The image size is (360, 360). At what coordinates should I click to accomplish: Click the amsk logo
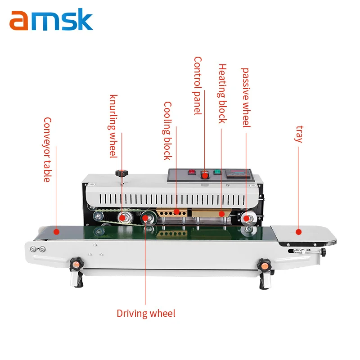pyautogui.click(x=51, y=20)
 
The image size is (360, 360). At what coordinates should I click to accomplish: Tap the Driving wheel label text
pyautogui.click(x=146, y=314)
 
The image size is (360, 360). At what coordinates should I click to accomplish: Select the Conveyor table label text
pyautogui.click(x=48, y=150)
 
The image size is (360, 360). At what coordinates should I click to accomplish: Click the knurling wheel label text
pyautogui.click(x=113, y=126)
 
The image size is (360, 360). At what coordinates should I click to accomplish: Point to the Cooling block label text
pyautogui.click(x=167, y=131)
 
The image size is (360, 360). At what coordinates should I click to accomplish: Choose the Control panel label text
pyautogui.click(x=198, y=85)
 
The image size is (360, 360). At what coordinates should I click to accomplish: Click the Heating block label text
pyautogui.click(x=222, y=94)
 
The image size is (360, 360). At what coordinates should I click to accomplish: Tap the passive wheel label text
pyautogui.click(x=246, y=98)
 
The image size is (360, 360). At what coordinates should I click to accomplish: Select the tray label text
pyautogui.click(x=299, y=134)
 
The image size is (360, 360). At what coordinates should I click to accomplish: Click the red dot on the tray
pyautogui.click(x=298, y=232)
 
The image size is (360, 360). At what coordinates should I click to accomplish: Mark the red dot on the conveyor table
pyautogui.click(x=57, y=232)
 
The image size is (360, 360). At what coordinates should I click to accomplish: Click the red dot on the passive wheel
pyautogui.click(x=246, y=218)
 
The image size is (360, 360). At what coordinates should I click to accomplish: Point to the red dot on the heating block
pyautogui.click(x=221, y=214)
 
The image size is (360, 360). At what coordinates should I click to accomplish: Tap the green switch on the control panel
pyautogui.click(x=217, y=172)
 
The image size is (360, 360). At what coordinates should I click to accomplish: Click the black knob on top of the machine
pyautogui.click(x=121, y=173)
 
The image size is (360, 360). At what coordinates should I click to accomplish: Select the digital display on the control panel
pyautogui.click(x=238, y=174)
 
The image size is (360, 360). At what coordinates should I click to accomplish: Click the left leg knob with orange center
pyautogui.click(x=76, y=265)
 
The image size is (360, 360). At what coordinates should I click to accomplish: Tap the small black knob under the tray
pyautogui.click(x=323, y=252)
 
